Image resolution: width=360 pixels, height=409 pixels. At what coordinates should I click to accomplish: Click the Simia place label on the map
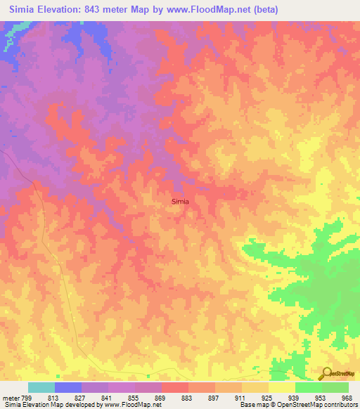click(x=180, y=202)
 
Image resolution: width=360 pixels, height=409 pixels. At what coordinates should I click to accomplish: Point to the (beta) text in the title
click(x=264, y=10)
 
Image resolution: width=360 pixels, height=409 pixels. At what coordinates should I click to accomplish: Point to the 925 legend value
click(x=269, y=397)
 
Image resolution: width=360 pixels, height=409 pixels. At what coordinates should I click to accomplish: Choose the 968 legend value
click(x=347, y=397)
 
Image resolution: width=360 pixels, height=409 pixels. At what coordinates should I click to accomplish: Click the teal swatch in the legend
click(x=41, y=387)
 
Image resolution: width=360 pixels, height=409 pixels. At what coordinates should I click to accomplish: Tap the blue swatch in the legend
click(x=68, y=387)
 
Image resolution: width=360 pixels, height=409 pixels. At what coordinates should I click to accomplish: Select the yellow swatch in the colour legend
click(x=282, y=387)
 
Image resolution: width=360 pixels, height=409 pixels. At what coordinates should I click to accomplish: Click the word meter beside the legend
click(x=11, y=397)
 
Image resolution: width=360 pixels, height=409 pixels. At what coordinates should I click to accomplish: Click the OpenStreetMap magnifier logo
click(x=327, y=374)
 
